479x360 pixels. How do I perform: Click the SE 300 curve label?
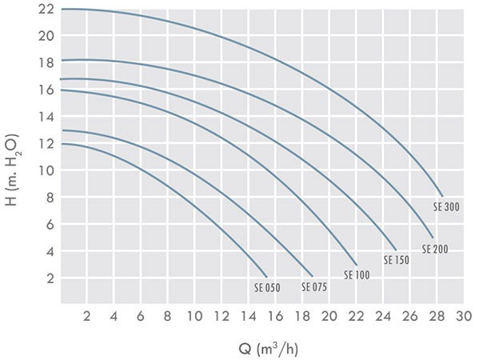point(446,207)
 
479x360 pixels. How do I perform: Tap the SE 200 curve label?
point(435,249)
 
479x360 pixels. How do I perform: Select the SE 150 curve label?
point(396,260)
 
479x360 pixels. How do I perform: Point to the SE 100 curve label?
point(357,275)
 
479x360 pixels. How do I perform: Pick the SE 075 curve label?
point(314,287)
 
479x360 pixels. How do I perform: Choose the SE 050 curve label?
point(267,288)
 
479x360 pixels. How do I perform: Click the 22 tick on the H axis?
point(46,9)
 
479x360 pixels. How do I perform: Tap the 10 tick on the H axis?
point(46,170)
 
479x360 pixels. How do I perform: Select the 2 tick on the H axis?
point(50,278)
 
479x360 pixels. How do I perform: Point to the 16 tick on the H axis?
point(46,90)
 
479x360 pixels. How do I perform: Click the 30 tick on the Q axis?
point(464,316)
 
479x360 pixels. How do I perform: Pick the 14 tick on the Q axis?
point(249,316)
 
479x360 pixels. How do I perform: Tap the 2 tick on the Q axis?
point(86,316)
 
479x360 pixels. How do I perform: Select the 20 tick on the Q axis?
point(329,316)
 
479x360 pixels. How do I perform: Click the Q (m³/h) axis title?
point(268,349)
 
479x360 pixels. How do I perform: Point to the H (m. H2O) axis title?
point(13,170)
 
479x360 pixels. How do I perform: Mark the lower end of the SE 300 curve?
point(442,196)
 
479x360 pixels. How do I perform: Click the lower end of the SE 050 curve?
point(267,277)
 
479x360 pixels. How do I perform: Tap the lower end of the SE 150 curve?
point(396,250)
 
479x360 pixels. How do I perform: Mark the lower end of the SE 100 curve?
point(357,265)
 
